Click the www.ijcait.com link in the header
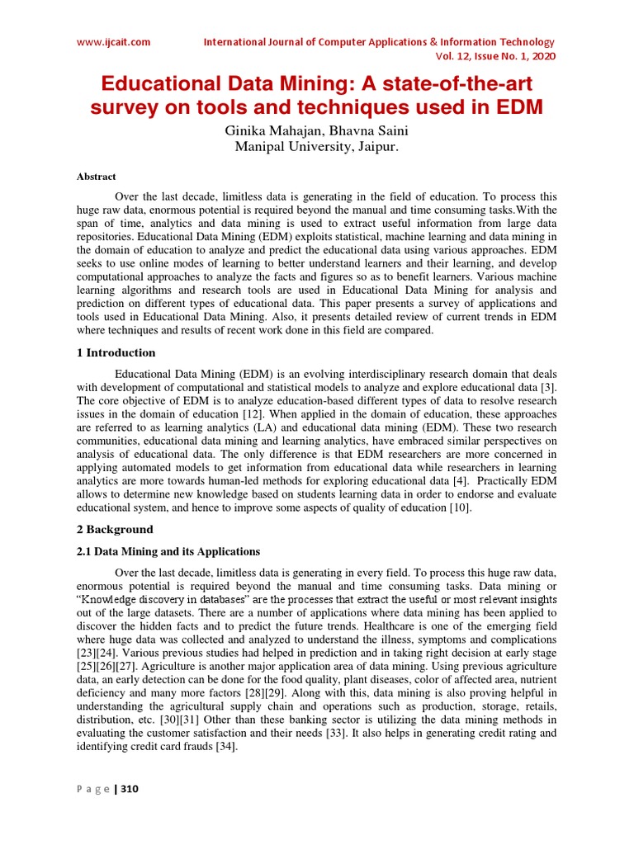coord(115,42)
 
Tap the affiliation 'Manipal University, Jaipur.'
coord(318,147)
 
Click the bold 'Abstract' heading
coord(97,177)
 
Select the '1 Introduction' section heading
coord(116,352)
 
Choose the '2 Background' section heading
coord(115,529)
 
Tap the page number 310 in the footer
coord(130,790)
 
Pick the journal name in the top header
coord(379,42)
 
